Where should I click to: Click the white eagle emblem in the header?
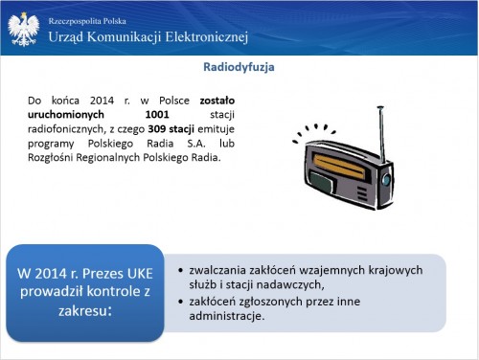pos(24,29)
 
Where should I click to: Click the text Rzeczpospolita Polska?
pos(87,21)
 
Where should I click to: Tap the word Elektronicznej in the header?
pos(207,37)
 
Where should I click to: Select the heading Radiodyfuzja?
pos(239,67)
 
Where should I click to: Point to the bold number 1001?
pos(157,114)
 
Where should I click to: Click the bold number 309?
pos(157,129)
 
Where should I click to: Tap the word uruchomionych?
pos(66,115)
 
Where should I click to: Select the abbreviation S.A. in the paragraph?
pos(196,144)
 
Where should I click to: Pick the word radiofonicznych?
pos(66,129)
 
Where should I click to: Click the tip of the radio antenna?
pos(380,107)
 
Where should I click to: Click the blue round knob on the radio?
pos(386,180)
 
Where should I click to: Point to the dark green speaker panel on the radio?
pos(322,182)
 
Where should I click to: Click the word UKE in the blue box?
pos(140,274)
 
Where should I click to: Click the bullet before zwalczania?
pos(180,271)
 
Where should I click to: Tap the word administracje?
pos(227,316)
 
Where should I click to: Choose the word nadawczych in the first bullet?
pos(296,284)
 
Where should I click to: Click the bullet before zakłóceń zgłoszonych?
pos(180,302)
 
